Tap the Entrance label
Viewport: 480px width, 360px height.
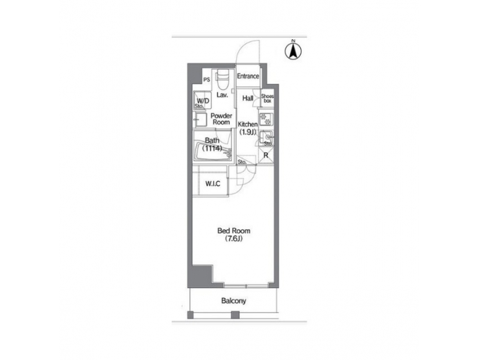pos(248,77)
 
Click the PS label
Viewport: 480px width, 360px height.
pos(207,81)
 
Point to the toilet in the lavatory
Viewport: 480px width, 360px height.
pos(223,79)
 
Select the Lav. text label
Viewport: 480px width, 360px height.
pos(223,96)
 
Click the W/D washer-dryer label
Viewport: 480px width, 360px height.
pos(202,101)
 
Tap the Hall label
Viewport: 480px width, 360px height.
pos(247,98)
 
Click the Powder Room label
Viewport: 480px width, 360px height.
pos(221,119)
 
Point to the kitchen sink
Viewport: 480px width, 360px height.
pos(268,139)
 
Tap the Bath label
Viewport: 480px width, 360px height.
pos(212,141)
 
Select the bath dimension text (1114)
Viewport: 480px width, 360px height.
pos(212,149)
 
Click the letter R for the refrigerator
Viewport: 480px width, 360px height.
pos(265,156)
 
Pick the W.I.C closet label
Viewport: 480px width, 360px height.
pos(213,183)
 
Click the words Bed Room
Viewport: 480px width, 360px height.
pos(232,231)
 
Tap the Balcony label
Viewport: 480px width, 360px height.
pos(233,301)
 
